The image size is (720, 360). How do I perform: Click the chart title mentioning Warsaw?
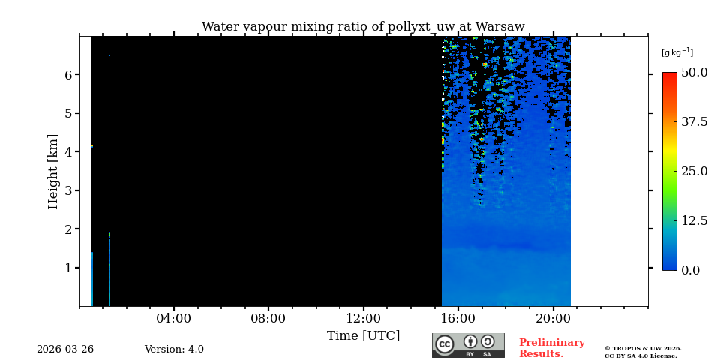[x=363, y=27]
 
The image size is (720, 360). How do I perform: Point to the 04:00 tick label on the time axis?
[x=173, y=319]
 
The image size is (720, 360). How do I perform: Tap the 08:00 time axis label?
[x=268, y=319]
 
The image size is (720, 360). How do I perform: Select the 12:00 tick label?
[x=363, y=319]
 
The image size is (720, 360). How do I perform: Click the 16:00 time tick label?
[x=458, y=319]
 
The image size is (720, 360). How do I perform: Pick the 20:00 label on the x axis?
[x=553, y=319]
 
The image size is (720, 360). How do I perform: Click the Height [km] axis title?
[x=53, y=171]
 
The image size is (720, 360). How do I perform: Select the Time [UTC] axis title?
[x=363, y=336]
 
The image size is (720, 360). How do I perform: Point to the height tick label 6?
[x=68, y=75]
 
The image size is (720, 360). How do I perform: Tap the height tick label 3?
[x=68, y=190]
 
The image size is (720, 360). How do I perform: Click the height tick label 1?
[x=68, y=268]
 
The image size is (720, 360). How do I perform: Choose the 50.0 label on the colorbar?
[x=694, y=73]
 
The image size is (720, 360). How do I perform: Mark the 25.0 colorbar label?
[x=694, y=171]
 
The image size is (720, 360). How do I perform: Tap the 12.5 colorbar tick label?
[x=694, y=220]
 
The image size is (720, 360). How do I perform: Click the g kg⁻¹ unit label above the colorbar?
[x=676, y=52]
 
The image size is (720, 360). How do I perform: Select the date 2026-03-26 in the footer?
[x=65, y=349]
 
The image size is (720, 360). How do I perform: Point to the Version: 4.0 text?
[x=174, y=349]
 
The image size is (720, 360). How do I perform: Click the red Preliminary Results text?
[x=551, y=348]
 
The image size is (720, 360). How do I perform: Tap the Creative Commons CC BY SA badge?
[x=468, y=345]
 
